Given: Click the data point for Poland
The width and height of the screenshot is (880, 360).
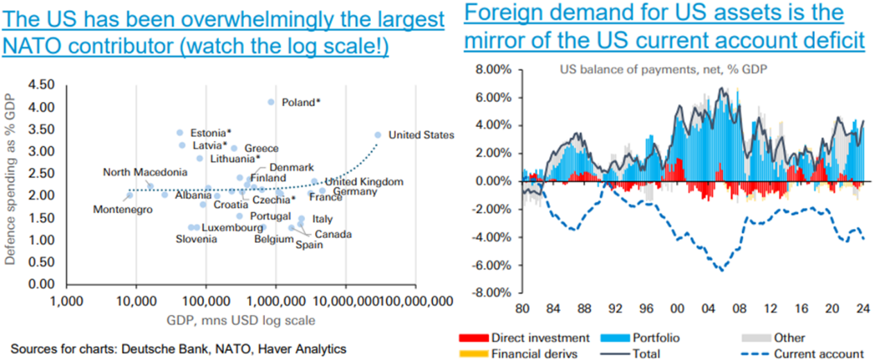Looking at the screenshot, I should click(x=271, y=102).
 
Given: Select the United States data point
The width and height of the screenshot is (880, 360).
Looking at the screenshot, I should click(x=378, y=135).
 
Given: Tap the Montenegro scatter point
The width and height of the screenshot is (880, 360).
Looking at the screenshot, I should click(x=130, y=196).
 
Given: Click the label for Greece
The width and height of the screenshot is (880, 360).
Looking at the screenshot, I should click(x=261, y=148).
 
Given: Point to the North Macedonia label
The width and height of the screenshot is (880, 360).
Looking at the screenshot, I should click(x=146, y=172).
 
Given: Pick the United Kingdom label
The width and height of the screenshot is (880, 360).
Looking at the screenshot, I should click(x=364, y=182).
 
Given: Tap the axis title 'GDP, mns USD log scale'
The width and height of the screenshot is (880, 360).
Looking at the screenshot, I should click(x=241, y=320).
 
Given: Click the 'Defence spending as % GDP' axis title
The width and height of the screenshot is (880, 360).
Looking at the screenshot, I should click(x=11, y=184).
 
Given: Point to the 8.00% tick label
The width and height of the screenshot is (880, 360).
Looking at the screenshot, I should click(x=492, y=69).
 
